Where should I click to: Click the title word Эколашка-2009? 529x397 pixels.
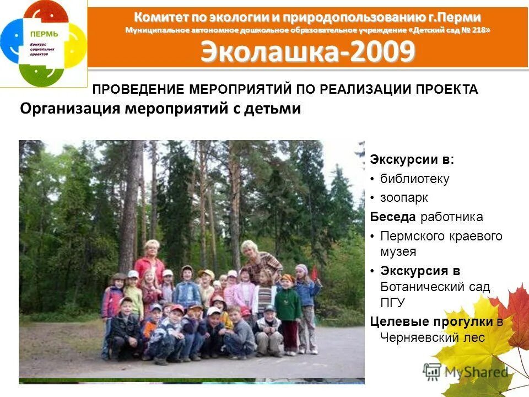pos(307,52)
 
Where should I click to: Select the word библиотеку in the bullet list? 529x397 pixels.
pos(414,179)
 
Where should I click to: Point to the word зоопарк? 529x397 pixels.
pos(404,197)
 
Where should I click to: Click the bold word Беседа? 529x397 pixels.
pos(393,217)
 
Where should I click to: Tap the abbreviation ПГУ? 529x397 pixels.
pos(393,303)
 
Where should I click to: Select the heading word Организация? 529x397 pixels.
pos(69,109)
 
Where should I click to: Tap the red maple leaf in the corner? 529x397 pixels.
pos(515,314)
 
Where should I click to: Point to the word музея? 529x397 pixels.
pos(398,252)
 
